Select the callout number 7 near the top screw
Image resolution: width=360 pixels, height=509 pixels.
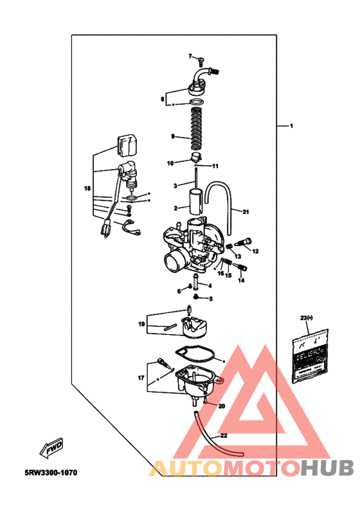[191, 57]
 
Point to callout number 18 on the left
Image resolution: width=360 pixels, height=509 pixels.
[87, 189]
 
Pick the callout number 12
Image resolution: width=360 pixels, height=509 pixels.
[255, 251]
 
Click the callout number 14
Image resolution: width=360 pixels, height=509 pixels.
[241, 280]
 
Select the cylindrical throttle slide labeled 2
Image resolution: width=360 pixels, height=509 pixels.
[194, 201]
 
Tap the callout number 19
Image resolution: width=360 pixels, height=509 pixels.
[141, 325]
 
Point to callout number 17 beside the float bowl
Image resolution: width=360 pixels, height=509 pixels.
[141, 379]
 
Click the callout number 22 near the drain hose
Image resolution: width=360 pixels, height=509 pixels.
[223, 436]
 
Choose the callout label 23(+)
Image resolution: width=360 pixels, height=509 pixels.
[305, 318]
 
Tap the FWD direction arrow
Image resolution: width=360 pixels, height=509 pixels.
[54, 448]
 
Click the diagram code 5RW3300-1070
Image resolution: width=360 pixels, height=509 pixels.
[51, 472]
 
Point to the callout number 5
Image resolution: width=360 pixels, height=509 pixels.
[210, 298]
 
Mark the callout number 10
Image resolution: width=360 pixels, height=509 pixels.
[171, 163]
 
